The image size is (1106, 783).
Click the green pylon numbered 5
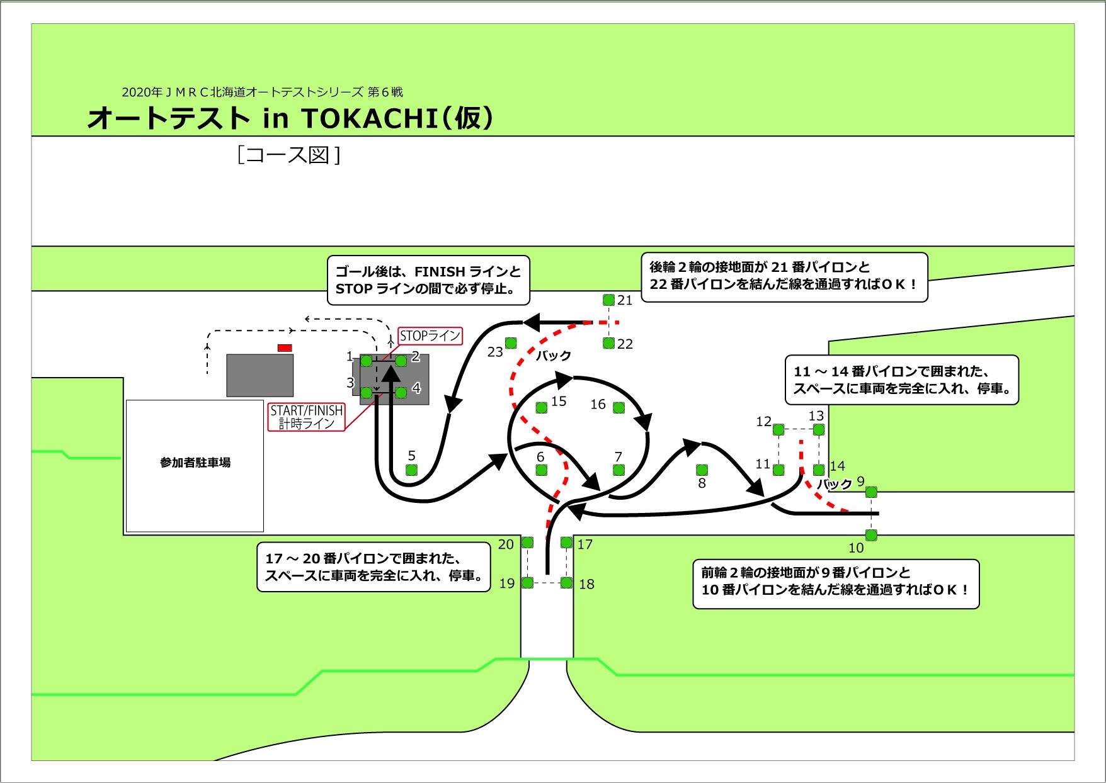tap(412, 470)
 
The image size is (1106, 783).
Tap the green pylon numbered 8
tap(702, 470)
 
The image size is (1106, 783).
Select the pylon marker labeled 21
tap(608, 300)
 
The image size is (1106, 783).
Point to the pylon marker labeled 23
tap(511, 343)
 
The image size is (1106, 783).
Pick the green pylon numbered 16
tap(619, 407)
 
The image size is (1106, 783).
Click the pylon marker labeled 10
tap(871, 535)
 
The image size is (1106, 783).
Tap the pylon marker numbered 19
tap(528, 583)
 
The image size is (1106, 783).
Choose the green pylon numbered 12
tap(778, 430)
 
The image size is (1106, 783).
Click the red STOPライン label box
tap(430, 336)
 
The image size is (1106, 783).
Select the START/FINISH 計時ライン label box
tap(307, 417)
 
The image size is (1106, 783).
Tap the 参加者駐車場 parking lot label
tap(195, 463)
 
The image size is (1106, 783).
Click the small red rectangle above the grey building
tap(285, 347)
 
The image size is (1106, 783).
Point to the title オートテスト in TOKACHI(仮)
tap(290, 118)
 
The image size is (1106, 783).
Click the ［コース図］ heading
tap(289, 155)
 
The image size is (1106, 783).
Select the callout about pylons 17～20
tap(374, 567)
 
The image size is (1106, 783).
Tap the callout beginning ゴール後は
tap(428, 280)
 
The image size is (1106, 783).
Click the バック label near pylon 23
tap(554, 356)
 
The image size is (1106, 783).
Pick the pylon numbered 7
tap(619, 470)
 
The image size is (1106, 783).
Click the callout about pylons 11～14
tap(902, 380)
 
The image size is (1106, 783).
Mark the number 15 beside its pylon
tap(559, 402)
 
